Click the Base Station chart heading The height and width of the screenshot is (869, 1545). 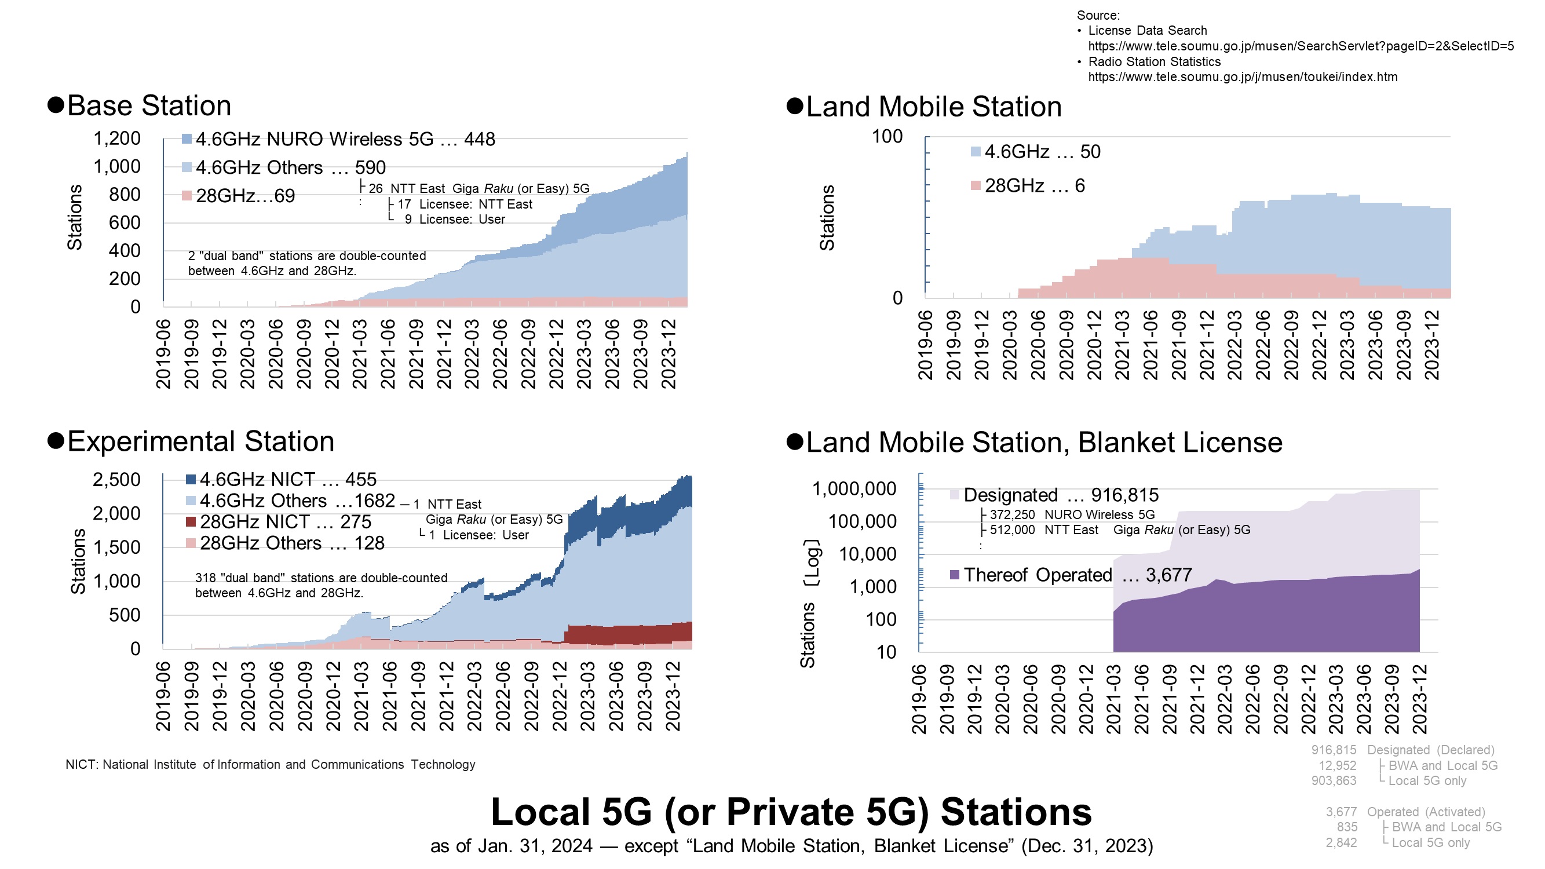(149, 106)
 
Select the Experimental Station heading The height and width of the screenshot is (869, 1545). (200, 442)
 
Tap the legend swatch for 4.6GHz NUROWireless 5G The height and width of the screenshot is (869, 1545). (187, 139)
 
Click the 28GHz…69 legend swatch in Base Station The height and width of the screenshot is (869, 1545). (187, 195)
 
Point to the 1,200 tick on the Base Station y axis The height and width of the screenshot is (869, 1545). (117, 138)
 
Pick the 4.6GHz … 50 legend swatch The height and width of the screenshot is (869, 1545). (975, 152)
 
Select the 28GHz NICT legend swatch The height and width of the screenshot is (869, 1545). (191, 522)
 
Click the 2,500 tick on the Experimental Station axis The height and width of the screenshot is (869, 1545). (116, 480)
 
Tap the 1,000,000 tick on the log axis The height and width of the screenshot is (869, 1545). (854, 490)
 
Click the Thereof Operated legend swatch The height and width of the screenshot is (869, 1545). (955, 575)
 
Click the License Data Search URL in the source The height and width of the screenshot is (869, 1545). (1301, 46)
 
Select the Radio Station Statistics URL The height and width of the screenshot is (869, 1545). (1242, 78)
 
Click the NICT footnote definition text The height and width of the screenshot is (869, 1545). (270, 765)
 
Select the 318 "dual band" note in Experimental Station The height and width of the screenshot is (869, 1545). (321, 585)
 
